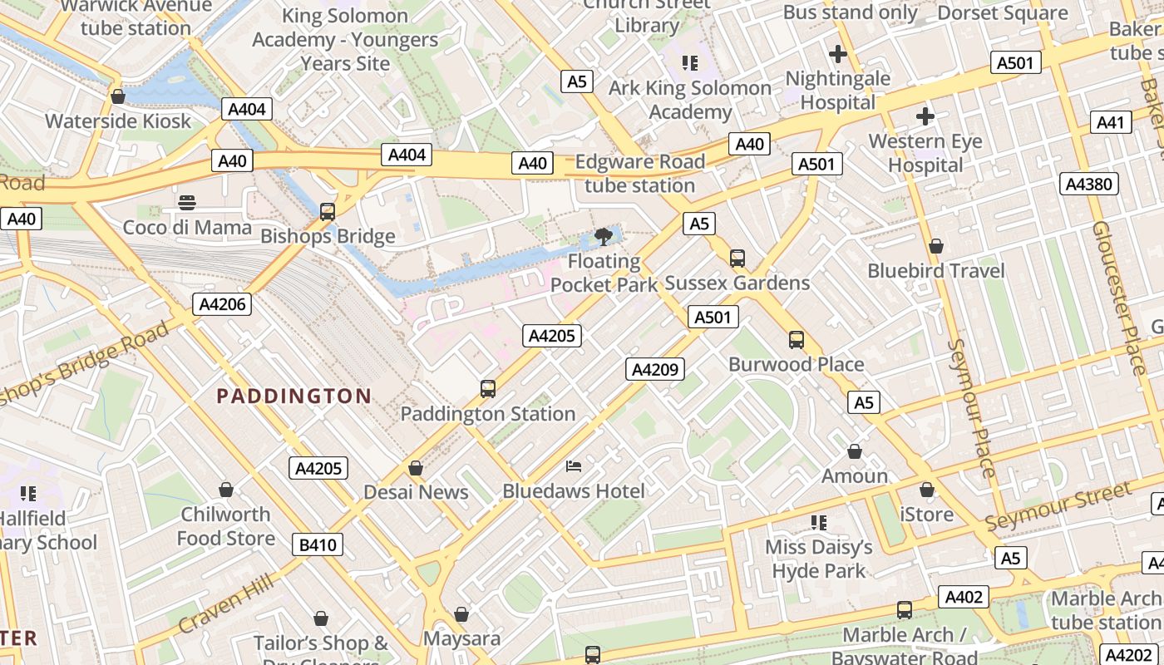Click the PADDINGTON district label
click(x=293, y=396)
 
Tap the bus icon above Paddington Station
click(x=488, y=388)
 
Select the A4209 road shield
click(x=655, y=369)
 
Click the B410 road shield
click(x=318, y=545)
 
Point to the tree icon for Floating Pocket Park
click(x=604, y=238)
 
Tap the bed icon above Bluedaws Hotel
click(x=574, y=465)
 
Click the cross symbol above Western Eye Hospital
click(x=925, y=116)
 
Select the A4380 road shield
click(x=1088, y=184)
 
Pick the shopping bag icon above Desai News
click(x=416, y=468)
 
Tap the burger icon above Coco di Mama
click(x=187, y=202)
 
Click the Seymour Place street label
click(x=971, y=407)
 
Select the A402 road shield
click(x=964, y=596)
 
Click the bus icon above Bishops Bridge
click(x=328, y=211)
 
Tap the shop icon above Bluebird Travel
click(x=936, y=246)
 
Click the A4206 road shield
click(x=223, y=304)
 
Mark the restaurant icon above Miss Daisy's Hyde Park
click(x=819, y=522)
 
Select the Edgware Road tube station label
click(x=639, y=173)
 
